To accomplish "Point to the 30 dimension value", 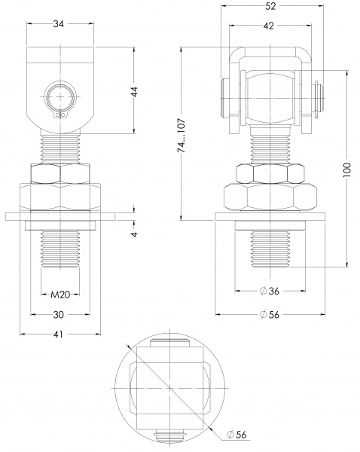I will click(x=59, y=314).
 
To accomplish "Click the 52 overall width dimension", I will click(x=270, y=6).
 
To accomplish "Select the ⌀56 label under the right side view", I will click(x=270, y=314).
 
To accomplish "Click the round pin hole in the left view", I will click(x=59, y=97).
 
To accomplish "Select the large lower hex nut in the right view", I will click(x=270, y=197).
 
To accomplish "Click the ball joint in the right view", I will click(x=270, y=98).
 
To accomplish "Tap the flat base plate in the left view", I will click(x=59, y=215).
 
